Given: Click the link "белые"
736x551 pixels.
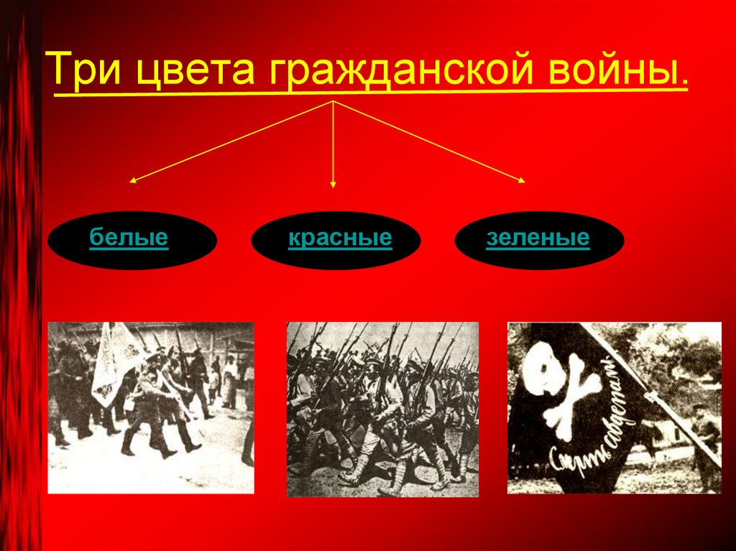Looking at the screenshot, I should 129,237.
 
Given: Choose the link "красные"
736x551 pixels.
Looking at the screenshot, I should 340,237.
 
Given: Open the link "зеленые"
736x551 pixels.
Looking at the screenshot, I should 538,237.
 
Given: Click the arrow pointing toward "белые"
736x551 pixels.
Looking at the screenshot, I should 230,142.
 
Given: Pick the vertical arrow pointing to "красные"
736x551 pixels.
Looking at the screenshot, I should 333,144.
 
